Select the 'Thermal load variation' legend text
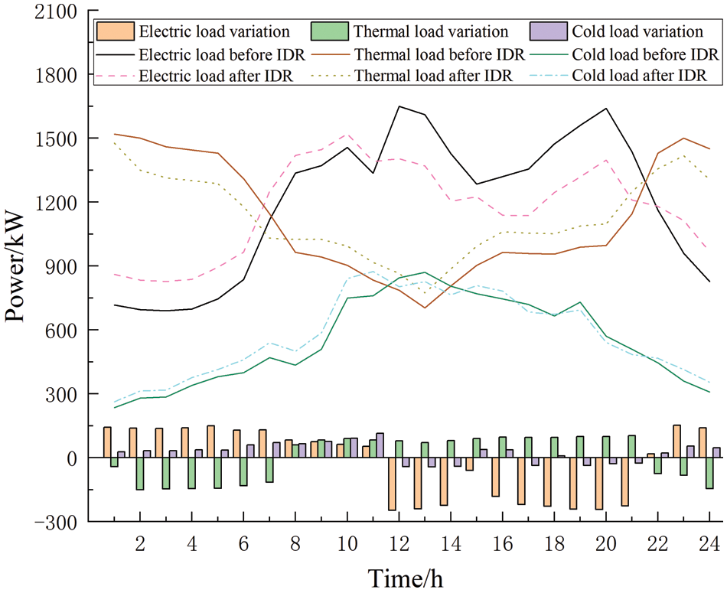coord(429,31)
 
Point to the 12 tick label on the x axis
coord(399,544)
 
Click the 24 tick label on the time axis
coord(709,544)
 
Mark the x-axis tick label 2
coord(140,544)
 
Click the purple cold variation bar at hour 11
coord(380,445)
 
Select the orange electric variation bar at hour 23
coord(676,441)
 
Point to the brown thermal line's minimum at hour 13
coord(425,308)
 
